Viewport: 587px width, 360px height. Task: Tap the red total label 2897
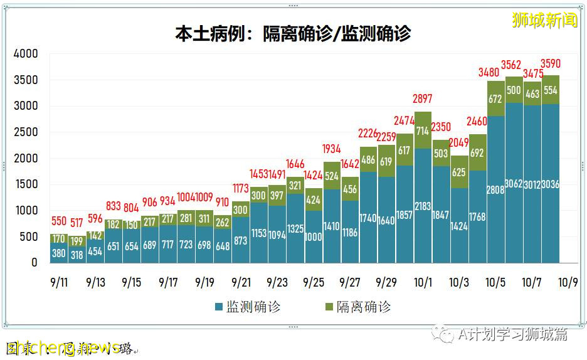point(423,99)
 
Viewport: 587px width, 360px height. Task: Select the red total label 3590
point(550,63)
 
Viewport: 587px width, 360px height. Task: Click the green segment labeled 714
point(423,130)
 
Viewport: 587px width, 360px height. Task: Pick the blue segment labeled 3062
point(514,183)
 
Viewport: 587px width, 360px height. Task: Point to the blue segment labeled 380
point(58,254)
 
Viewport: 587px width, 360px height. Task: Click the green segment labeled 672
point(495,98)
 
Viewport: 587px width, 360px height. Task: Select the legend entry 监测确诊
point(247,307)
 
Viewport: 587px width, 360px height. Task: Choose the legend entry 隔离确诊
point(357,307)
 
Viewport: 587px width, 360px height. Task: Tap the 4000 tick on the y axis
point(26,54)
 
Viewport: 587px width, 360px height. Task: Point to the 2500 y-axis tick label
point(26,132)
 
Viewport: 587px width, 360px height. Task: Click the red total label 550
point(58,221)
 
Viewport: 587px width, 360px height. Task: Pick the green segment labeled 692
point(477,152)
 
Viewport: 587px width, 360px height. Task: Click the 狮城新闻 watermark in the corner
point(544,20)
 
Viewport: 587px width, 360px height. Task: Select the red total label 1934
point(332,149)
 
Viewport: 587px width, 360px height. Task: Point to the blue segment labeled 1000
point(314,237)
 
